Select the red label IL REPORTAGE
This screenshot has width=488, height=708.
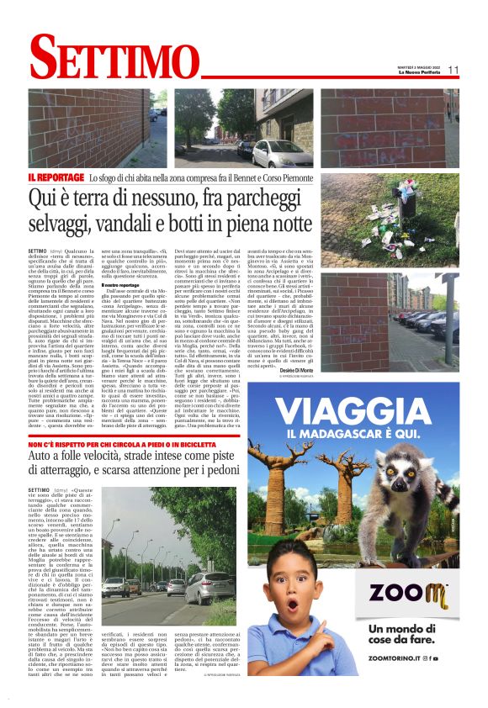[56, 177]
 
